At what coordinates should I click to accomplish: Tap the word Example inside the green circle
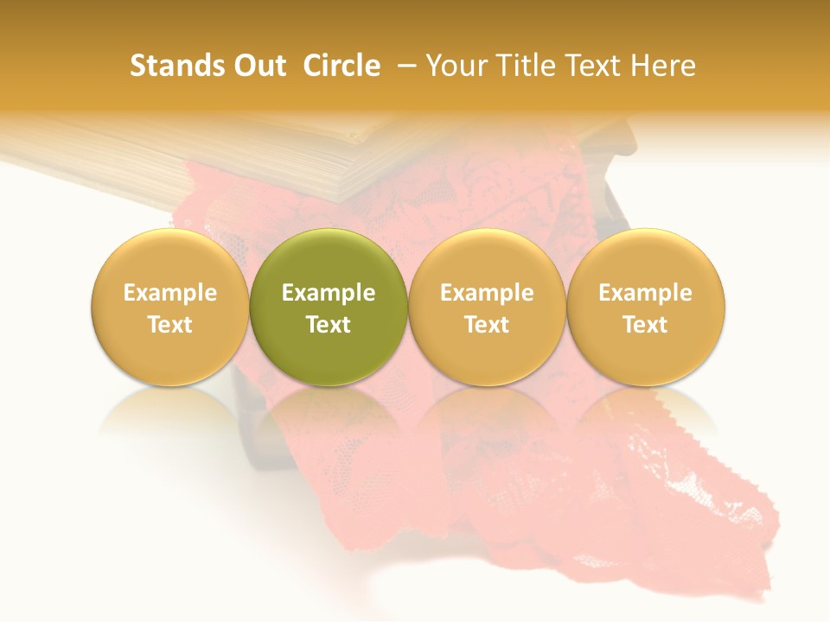click(329, 293)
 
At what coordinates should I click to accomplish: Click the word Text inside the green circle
click(329, 325)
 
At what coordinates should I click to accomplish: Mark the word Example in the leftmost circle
click(169, 293)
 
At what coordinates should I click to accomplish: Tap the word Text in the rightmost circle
click(645, 325)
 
